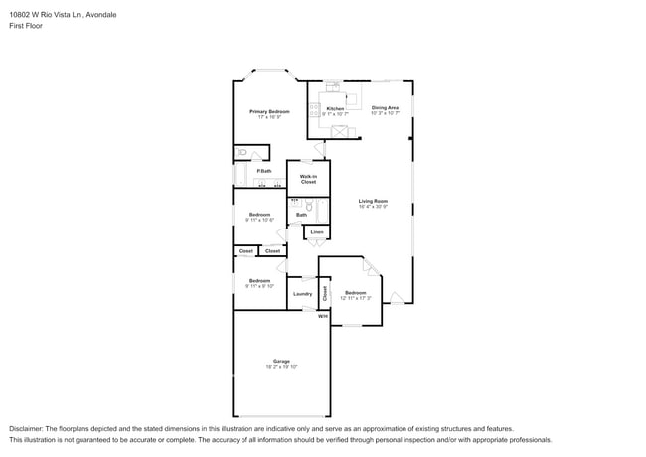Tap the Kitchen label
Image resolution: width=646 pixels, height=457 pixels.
point(335,108)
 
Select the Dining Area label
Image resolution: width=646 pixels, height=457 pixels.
point(385,107)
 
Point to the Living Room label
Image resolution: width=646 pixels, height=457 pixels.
point(373,201)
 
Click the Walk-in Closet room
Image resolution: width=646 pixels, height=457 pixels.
point(308,179)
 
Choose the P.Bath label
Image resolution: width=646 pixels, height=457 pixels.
point(264,171)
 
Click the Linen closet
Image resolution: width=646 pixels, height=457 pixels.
point(316,232)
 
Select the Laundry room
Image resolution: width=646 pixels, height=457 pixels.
point(302,294)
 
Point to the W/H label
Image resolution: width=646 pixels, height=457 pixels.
point(322,316)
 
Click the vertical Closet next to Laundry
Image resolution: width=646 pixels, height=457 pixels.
point(324,293)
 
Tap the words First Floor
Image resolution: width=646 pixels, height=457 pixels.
point(27,25)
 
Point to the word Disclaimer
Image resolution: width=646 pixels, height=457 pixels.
point(29,428)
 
